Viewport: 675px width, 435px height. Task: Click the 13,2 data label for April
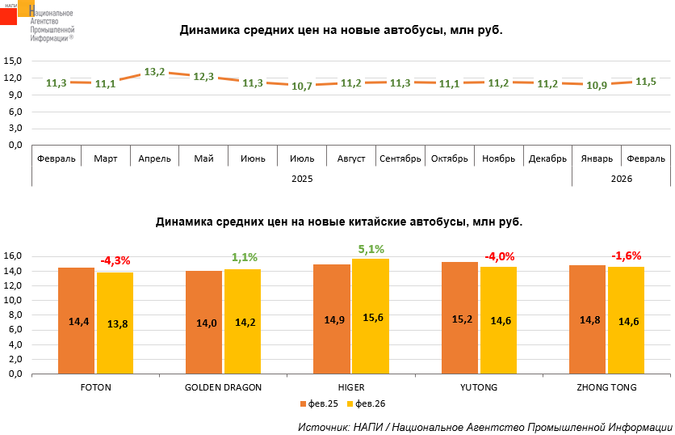click(x=154, y=72)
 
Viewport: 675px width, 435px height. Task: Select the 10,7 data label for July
click(x=302, y=86)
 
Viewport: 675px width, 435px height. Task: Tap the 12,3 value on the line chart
click(x=203, y=77)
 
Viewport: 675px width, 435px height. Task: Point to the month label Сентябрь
click(x=400, y=158)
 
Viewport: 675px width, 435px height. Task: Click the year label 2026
click(x=621, y=178)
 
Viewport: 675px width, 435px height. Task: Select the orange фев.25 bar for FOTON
click(x=76, y=321)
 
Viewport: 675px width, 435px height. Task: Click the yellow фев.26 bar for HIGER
click(x=371, y=317)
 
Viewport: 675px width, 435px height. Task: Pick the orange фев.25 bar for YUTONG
click(x=459, y=319)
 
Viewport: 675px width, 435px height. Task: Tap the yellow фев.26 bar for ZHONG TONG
click(x=626, y=320)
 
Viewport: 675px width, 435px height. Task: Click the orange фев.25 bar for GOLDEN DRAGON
click(x=203, y=323)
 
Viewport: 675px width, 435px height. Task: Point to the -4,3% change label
click(x=115, y=261)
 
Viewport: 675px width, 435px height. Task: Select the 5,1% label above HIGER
click(x=371, y=249)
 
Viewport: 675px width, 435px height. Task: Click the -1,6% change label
click(x=627, y=256)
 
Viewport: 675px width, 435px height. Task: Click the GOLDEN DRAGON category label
click(x=223, y=387)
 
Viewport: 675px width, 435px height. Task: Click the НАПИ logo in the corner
click(x=18, y=12)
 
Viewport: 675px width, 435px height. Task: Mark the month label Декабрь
click(x=547, y=158)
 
